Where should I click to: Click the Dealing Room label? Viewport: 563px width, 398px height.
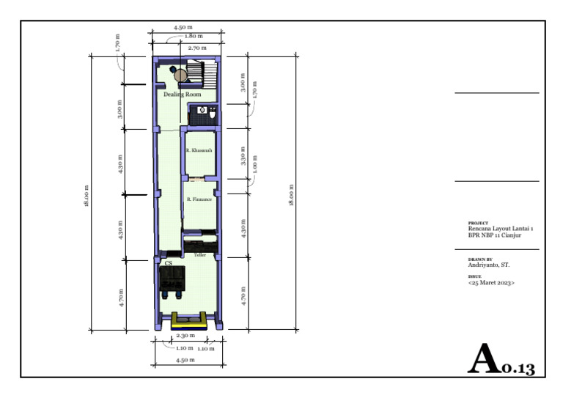[x=183, y=95]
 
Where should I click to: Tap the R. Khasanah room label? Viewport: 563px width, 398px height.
[x=199, y=150]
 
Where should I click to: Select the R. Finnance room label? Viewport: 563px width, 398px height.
[x=199, y=199]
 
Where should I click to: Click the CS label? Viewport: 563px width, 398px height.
[x=169, y=262]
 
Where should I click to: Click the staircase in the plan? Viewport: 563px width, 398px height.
[x=201, y=73]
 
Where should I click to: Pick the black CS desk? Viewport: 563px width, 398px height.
[x=173, y=279]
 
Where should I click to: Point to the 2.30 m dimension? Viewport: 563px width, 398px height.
[x=185, y=335]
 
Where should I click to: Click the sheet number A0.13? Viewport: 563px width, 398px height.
[x=502, y=360]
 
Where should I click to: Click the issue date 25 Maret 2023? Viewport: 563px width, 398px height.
[x=491, y=281]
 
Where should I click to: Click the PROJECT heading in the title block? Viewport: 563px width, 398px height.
[x=477, y=223]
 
